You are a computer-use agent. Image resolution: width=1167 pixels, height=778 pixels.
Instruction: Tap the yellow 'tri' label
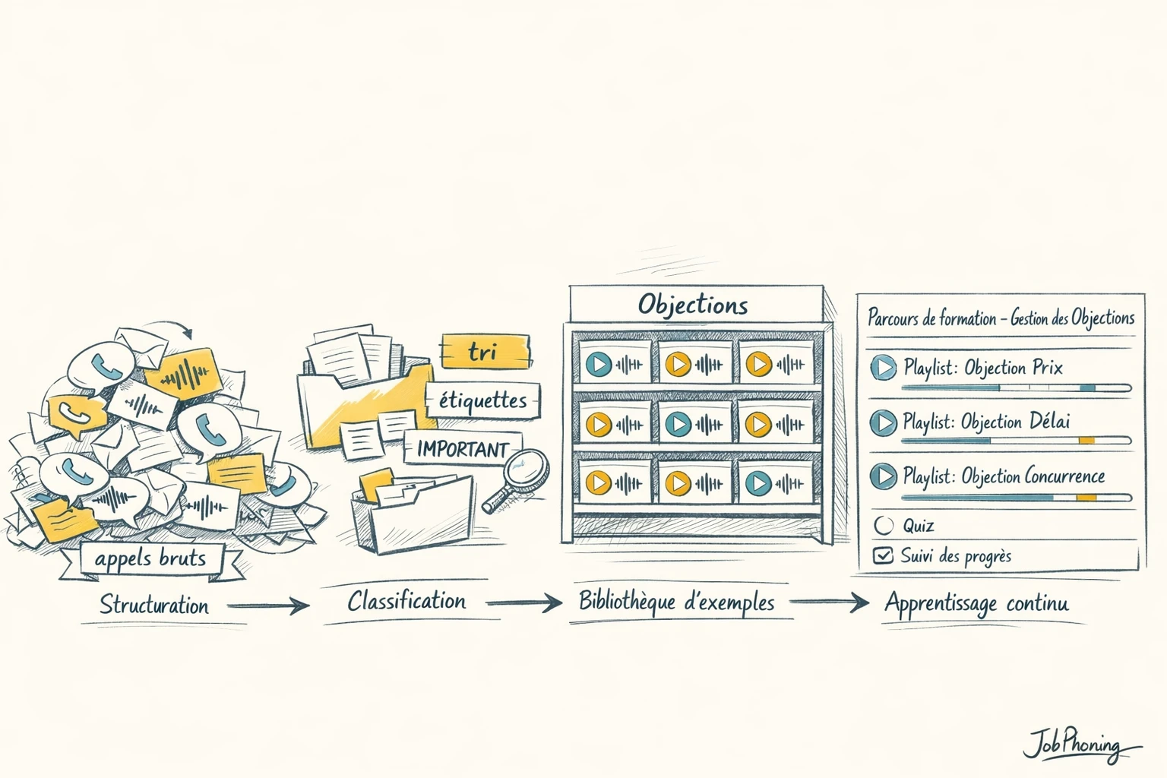click(484, 352)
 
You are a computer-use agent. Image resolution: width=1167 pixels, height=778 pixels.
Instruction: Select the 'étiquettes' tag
click(482, 400)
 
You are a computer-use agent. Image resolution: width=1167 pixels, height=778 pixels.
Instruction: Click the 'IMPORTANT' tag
click(462, 449)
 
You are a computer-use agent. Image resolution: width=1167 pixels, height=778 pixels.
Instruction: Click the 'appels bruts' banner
click(150, 559)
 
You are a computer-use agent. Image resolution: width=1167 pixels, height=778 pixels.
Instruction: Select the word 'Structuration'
click(154, 606)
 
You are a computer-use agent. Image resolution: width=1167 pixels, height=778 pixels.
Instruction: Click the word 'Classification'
click(406, 602)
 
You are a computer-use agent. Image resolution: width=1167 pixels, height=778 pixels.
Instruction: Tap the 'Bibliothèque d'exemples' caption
click(676, 602)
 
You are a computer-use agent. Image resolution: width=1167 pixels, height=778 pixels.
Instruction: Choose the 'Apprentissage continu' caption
click(976, 603)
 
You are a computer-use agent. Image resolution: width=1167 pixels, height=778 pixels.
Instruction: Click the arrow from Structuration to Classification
click(268, 606)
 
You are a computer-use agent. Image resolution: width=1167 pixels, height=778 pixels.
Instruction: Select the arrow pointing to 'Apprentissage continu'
click(829, 602)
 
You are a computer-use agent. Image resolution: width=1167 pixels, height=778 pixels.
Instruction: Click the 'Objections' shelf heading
click(693, 305)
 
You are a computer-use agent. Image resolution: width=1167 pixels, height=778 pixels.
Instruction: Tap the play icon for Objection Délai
click(883, 422)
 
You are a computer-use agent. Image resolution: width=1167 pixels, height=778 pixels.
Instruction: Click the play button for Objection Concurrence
click(883, 476)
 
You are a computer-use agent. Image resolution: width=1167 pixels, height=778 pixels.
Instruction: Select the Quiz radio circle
click(884, 525)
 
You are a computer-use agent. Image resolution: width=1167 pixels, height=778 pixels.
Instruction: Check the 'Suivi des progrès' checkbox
click(883, 555)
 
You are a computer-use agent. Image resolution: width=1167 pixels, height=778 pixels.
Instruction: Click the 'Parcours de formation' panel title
click(1001, 318)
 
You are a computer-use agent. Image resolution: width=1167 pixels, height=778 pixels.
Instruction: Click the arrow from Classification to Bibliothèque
click(524, 603)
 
